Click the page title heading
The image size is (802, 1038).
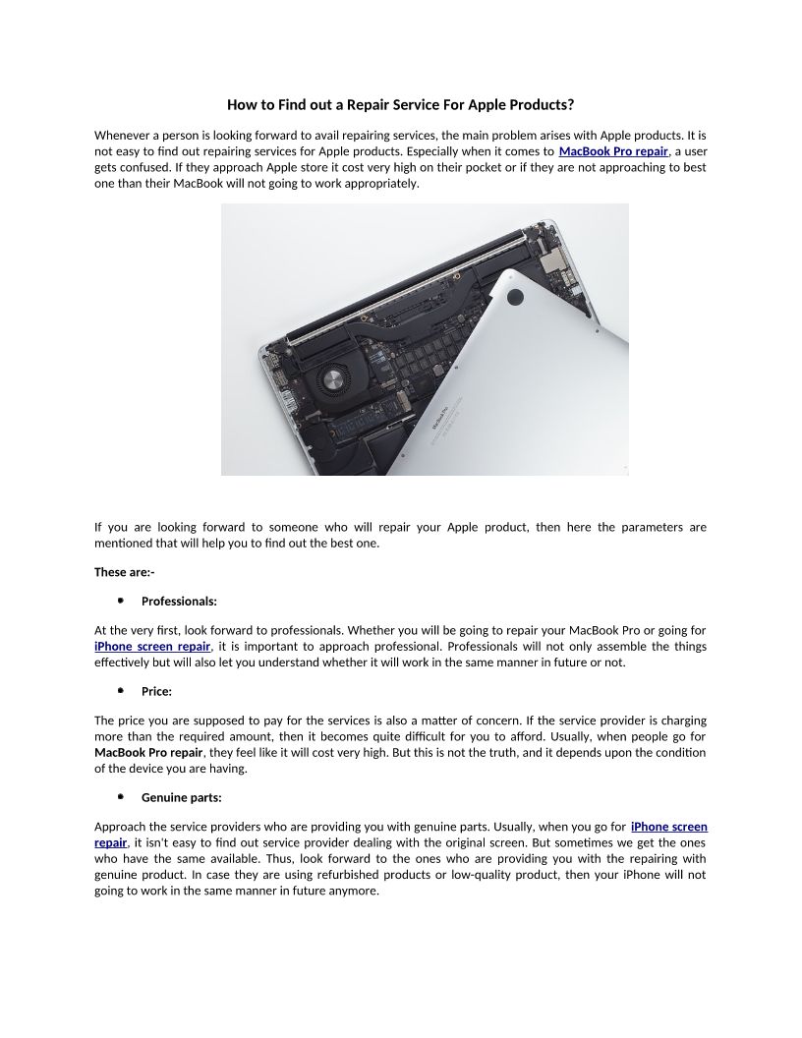click(x=400, y=104)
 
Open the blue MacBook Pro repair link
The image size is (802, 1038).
click(x=613, y=151)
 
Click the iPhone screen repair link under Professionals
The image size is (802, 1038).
click(x=152, y=646)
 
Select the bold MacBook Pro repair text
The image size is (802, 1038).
click(x=147, y=753)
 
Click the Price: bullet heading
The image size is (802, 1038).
click(x=156, y=691)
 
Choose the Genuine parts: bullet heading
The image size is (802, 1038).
click(x=181, y=797)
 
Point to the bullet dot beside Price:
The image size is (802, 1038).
click(x=120, y=691)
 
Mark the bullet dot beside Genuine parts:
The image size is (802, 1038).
click(x=120, y=797)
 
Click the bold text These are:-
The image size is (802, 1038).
click(x=124, y=572)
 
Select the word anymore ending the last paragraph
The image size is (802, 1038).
click(x=357, y=891)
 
